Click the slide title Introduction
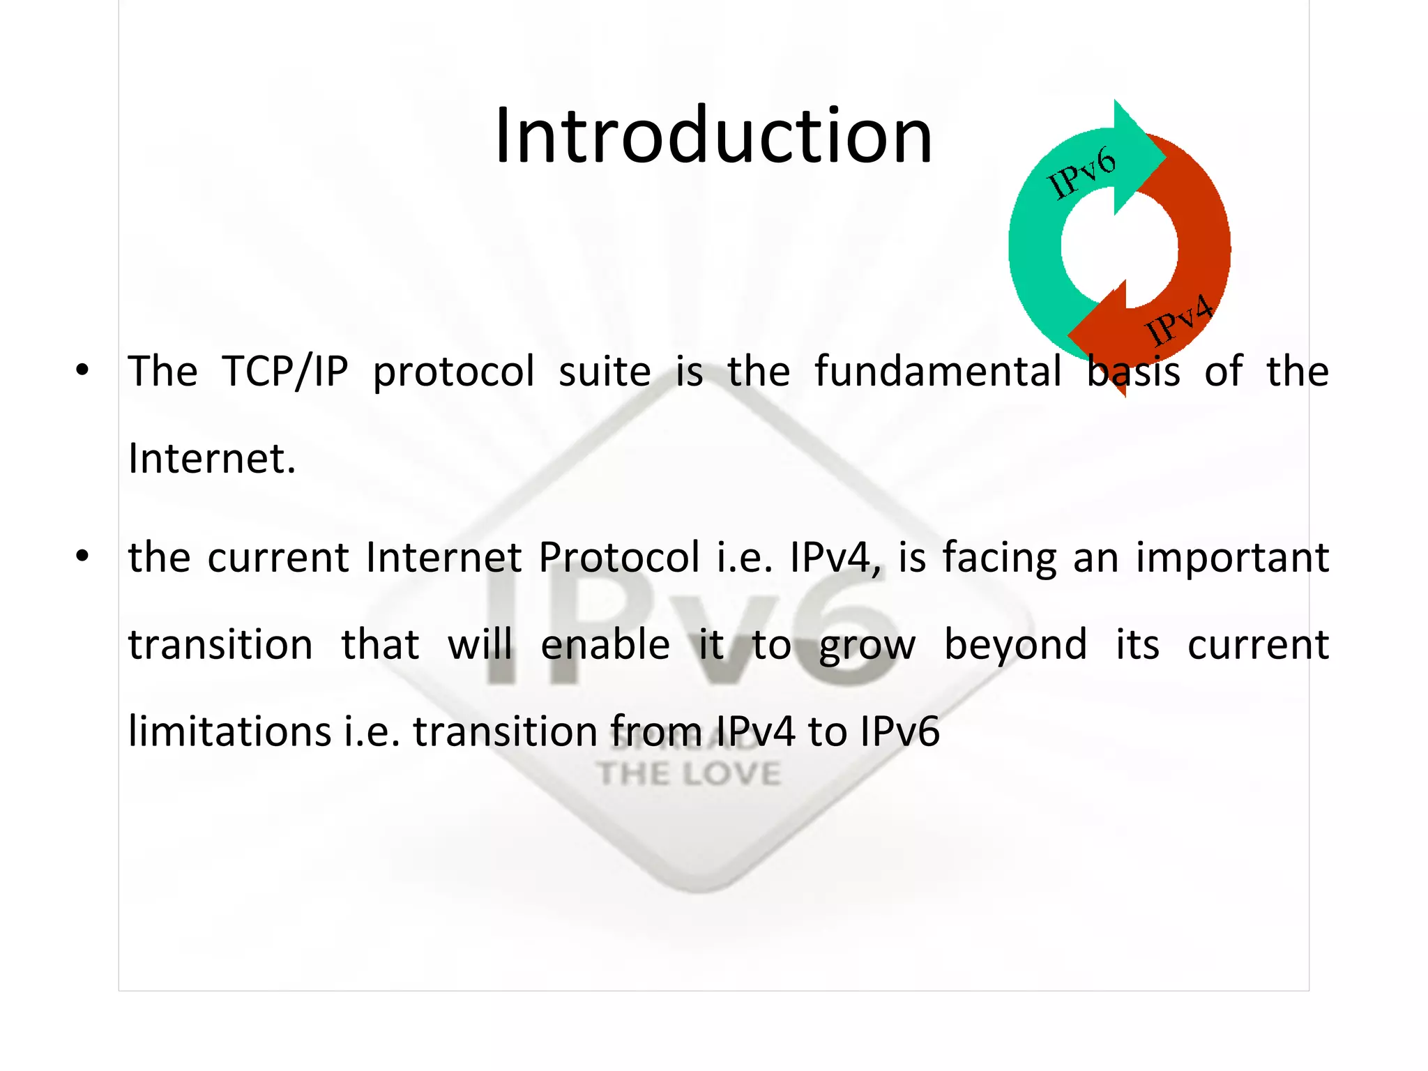pyautogui.click(x=713, y=135)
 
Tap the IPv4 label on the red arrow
pyautogui.click(x=1179, y=320)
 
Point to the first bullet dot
pyautogui.click(x=82, y=370)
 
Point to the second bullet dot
pyautogui.click(x=82, y=556)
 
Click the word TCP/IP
pyautogui.click(x=284, y=371)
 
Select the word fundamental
pyautogui.click(x=938, y=371)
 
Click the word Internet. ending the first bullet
pyautogui.click(x=212, y=459)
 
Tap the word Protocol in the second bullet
pyautogui.click(x=619, y=558)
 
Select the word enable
pyautogui.click(x=605, y=644)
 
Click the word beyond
pyautogui.click(x=1015, y=644)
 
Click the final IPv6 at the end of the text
pyautogui.click(x=899, y=731)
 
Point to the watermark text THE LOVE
pyautogui.click(x=689, y=774)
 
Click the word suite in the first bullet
pyautogui.click(x=605, y=371)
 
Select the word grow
pyautogui.click(x=867, y=646)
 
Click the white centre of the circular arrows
pyautogui.click(x=1120, y=247)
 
